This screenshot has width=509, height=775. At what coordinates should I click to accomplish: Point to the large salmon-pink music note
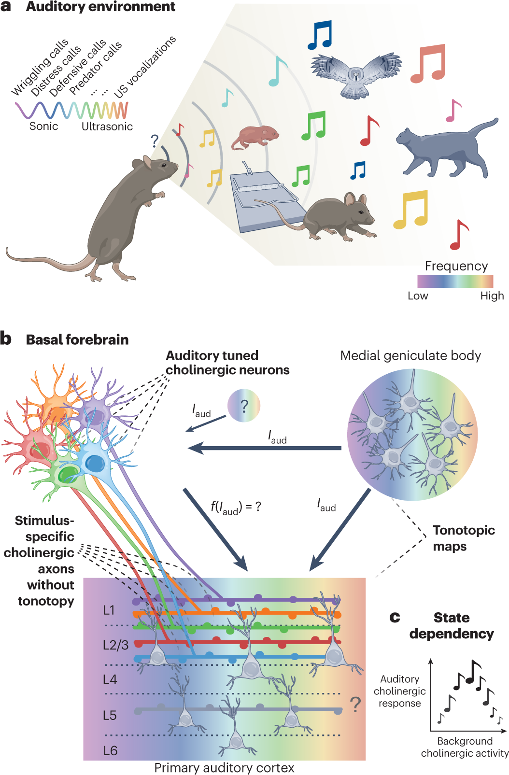pyautogui.click(x=428, y=63)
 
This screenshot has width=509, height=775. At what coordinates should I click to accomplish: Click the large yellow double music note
pyautogui.click(x=411, y=209)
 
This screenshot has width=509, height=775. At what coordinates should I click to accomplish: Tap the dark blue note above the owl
pyautogui.click(x=320, y=35)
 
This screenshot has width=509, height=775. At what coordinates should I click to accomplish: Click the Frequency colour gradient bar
pyautogui.click(x=455, y=281)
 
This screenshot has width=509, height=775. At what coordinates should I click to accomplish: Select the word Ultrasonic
pyautogui.click(x=107, y=127)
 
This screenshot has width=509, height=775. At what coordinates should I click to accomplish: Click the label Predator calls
pyautogui.click(x=95, y=68)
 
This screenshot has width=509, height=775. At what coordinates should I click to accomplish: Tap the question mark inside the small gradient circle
pyautogui.click(x=244, y=406)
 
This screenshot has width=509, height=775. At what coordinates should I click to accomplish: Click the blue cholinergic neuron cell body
pyautogui.click(x=95, y=464)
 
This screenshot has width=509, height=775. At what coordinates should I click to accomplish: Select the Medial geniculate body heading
pyautogui.click(x=410, y=356)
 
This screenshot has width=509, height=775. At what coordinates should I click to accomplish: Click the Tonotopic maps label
pyautogui.click(x=464, y=538)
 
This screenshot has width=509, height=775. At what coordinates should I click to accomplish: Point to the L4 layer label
pyautogui.click(x=110, y=679)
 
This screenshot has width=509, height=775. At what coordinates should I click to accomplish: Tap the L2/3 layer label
pyautogui.click(x=115, y=645)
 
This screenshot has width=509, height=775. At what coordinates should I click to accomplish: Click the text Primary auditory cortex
pyautogui.click(x=224, y=768)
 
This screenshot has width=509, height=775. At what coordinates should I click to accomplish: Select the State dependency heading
pyautogui.click(x=452, y=625)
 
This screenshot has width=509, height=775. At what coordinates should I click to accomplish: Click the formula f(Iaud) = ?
pyautogui.click(x=236, y=507)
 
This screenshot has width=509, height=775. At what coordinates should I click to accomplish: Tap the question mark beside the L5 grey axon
pyautogui.click(x=355, y=705)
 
